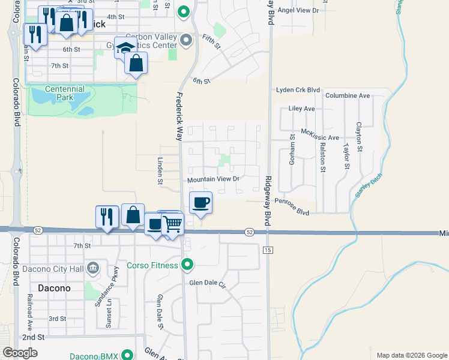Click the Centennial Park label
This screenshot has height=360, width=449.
click(x=64, y=93)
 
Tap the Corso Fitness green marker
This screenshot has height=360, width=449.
click(x=187, y=264)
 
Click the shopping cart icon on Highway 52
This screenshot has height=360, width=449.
click(x=173, y=224)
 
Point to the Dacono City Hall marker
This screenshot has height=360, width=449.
click(x=93, y=268)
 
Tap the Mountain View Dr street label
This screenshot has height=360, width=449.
click(x=213, y=179)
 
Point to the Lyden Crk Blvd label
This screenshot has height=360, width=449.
click(x=298, y=90)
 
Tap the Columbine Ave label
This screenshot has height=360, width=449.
click(x=348, y=95)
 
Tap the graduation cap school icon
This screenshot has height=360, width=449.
click(x=124, y=47)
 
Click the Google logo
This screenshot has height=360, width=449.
click(x=20, y=353)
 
